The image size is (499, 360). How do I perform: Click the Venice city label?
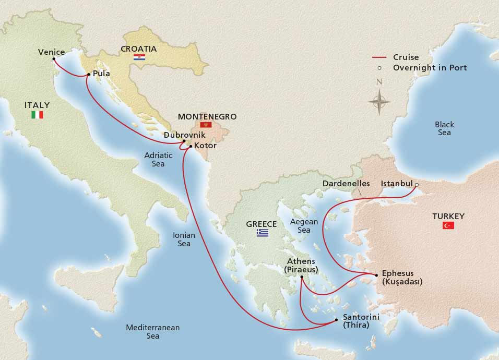pyautogui.click(x=52, y=52)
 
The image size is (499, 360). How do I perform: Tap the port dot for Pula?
pyautogui.click(x=88, y=75)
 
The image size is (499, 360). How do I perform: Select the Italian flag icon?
pyautogui.click(x=37, y=115)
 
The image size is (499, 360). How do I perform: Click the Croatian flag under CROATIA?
pyautogui.click(x=139, y=57)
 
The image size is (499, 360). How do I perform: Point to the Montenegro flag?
pyautogui.click(x=205, y=125)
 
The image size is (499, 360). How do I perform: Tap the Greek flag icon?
pyautogui.click(x=262, y=233)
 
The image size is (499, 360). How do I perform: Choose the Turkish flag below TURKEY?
pyautogui.click(x=448, y=225)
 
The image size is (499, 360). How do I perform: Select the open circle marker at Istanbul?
pyautogui.click(x=417, y=184)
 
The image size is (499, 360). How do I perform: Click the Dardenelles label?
pyautogui.click(x=346, y=184)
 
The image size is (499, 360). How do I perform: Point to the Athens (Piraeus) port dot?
pyautogui.click(x=302, y=278)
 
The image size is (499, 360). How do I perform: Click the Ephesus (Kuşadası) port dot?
pyautogui.click(x=376, y=274)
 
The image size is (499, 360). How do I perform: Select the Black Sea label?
pyautogui.click(x=444, y=129)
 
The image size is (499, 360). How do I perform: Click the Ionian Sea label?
pyautogui.click(x=184, y=239)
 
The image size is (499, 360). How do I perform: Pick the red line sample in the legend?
pyautogui.click(x=381, y=57)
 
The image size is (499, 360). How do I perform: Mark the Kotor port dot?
pyautogui.click(x=190, y=146)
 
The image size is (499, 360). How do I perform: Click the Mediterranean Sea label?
pyautogui.click(x=152, y=332)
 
